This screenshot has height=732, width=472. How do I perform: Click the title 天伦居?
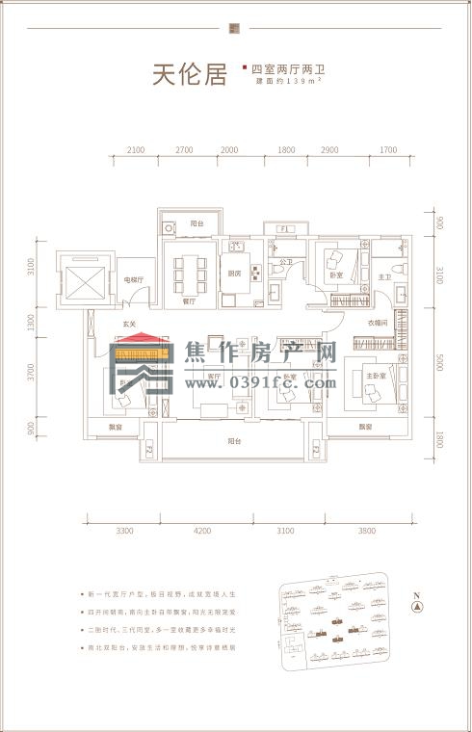pos(189,75)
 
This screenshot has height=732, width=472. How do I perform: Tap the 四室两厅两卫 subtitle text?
pos(285,68)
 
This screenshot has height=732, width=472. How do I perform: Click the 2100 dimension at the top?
pos(136,150)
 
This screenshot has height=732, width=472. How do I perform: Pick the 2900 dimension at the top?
pos(329,150)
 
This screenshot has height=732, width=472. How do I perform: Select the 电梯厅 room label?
pos(133,280)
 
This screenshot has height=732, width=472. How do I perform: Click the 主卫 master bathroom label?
pos(383,277)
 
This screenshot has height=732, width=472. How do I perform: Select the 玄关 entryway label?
pos(127,325)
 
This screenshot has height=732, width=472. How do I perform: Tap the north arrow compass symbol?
pos(417,607)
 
